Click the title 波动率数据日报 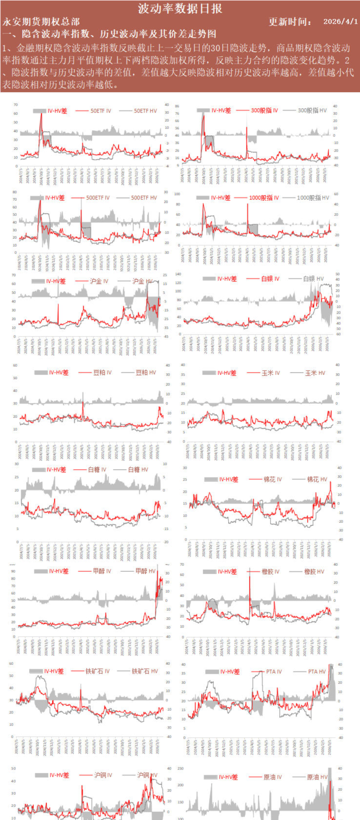click(x=180, y=8)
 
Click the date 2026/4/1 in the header click(x=340, y=22)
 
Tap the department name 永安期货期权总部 click(x=41, y=22)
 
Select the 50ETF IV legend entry click(x=100, y=111)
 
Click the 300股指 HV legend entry click(x=312, y=110)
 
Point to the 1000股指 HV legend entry click(x=313, y=198)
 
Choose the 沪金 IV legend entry click(x=99, y=281)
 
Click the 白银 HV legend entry click(x=313, y=279)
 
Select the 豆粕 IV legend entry click(x=102, y=372)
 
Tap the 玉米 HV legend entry click(x=315, y=373)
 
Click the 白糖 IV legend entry click(x=98, y=470)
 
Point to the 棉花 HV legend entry click(x=317, y=479)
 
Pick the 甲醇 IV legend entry click(x=101, y=571)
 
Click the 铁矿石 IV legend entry click(x=97, y=671)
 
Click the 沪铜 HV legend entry click(x=147, y=775)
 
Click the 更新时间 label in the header click(x=290, y=22)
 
